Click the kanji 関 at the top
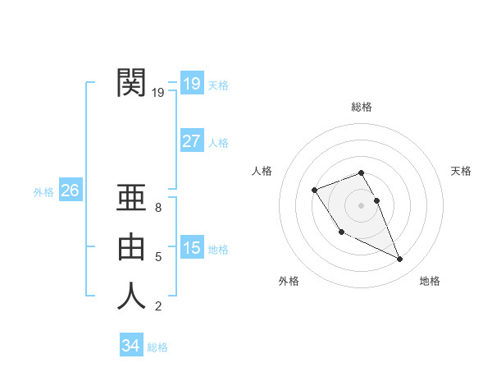point(131,83)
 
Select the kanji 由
point(131,247)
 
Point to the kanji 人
point(131,296)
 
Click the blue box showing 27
point(192,141)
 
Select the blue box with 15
point(192,247)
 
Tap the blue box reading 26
point(70,191)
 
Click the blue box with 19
point(192,83)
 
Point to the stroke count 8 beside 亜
point(159,209)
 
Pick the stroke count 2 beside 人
point(159,307)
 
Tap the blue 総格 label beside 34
point(157,347)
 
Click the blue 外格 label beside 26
point(43,192)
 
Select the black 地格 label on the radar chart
point(430,281)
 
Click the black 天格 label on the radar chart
point(462,171)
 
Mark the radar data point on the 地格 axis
point(400,260)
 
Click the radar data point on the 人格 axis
point(315,191)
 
